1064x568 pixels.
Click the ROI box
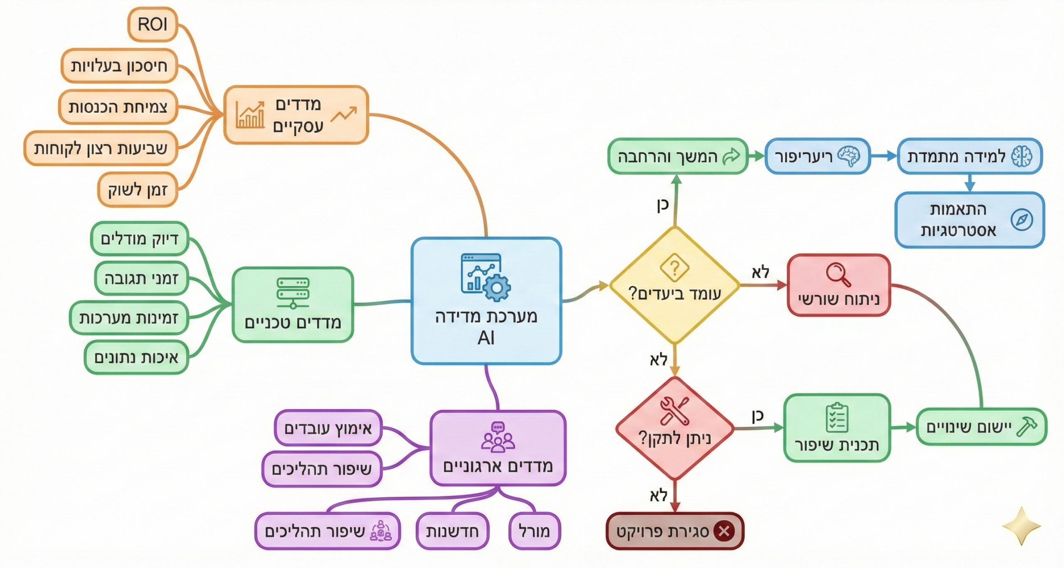(x=153, y=25)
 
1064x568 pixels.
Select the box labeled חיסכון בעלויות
(x=119, y=66)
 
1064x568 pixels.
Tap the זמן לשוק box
(x=138, y=189)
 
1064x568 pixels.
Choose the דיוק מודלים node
(x=140, y=239)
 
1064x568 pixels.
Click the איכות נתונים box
(x=136, y=357)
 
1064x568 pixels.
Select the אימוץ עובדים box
(x=328, y=428)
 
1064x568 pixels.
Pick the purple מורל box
(x=534, y=531)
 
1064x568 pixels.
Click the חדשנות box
(x=452, y=531)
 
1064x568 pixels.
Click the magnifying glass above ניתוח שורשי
(x=837, y=274)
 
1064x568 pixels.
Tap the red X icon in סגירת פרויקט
(x=724, y=531)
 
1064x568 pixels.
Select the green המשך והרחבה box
(x=677, y=156)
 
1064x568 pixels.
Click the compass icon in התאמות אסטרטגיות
(x=1022, y=220)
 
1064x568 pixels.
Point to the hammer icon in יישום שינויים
(x=1026, y=427)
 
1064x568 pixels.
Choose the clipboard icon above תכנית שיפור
(x=837, y=418)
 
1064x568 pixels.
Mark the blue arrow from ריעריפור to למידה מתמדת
(x=884, y=156)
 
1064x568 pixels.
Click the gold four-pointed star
(x=1022, y=526)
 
